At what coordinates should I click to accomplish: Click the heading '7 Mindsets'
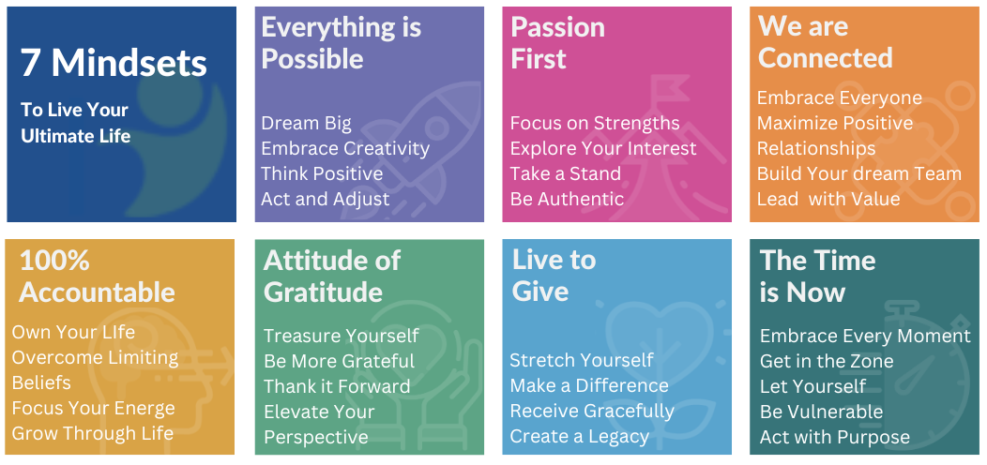114,64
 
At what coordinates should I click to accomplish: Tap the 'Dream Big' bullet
306,124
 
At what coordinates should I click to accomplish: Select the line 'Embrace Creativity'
345,148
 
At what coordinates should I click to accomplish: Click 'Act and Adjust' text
326,199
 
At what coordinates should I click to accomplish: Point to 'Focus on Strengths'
595,124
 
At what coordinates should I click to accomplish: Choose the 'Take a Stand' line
566,173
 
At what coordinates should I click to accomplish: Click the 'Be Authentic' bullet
567,199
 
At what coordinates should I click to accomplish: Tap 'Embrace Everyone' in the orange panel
840,98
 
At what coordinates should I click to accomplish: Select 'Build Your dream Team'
859,173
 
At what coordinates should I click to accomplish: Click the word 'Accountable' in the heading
97,292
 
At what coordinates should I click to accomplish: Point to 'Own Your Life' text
73,333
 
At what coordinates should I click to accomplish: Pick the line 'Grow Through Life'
93,433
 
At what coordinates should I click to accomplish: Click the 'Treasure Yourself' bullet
342,336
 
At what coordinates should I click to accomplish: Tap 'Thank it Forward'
337,386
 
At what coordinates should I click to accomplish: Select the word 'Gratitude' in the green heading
323,292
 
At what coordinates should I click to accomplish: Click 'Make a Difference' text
589,386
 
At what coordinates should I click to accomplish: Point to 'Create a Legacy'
580,437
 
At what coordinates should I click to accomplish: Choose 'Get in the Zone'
827,361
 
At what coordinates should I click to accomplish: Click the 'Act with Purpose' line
835,437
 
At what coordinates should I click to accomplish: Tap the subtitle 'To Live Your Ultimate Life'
75,123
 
